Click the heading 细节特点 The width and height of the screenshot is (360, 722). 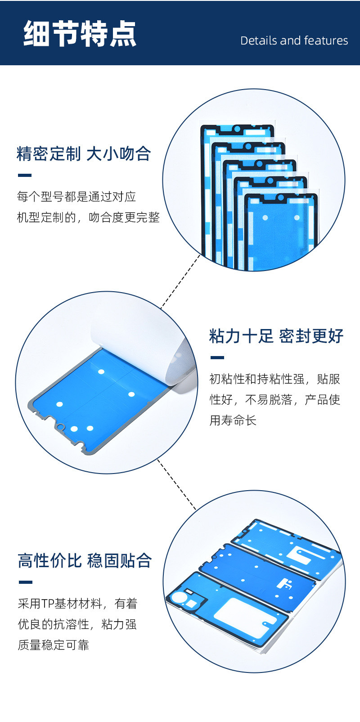click(x=80, y=34)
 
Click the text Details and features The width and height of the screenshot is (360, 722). click(x=294, y=41)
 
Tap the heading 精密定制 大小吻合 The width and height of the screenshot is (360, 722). click(x=84, y=154)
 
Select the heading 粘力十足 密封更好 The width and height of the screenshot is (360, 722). click(x=276, y=336)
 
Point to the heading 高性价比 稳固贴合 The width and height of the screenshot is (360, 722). click(x=85, y=561)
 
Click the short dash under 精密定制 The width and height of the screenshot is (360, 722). click(x=24, y=176)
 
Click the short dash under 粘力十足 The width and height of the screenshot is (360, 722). click(x=217, y=358)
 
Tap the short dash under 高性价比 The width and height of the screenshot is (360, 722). click(x=25, y=582)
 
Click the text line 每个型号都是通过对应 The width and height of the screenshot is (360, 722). click(x=76, y=197)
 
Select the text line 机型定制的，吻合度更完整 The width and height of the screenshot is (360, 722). click(x=88, y=217)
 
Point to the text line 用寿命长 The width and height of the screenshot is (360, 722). click(x=233, y=420)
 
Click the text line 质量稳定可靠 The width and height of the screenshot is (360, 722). click(x=54, y=645)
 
